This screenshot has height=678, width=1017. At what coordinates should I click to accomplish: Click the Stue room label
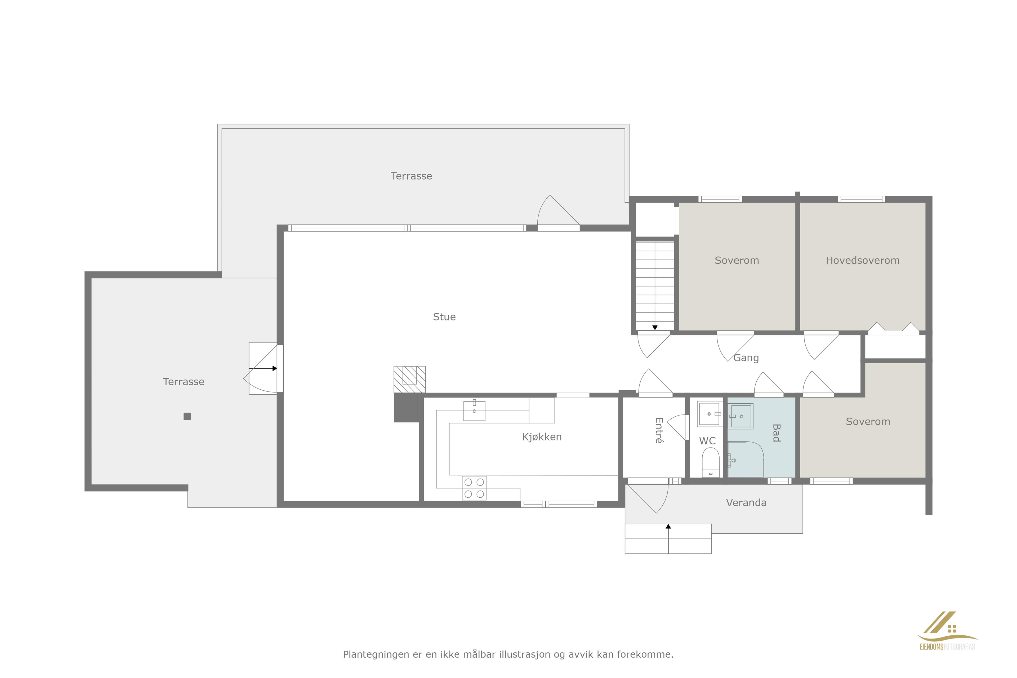(444, 317)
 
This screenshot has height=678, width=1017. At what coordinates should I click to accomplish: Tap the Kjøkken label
(542, 437)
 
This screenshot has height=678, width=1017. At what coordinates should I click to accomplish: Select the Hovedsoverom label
(863, 260)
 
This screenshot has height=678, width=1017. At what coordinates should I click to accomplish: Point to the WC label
(707, 441)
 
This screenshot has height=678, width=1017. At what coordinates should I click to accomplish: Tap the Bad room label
(776, 433)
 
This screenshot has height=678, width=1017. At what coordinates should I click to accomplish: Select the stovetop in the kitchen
(474, 488)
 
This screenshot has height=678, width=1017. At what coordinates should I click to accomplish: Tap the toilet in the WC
(710, 461)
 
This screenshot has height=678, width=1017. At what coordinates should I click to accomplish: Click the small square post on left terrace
(187, 416)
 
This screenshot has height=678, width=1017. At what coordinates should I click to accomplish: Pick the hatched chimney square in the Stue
(409, 379)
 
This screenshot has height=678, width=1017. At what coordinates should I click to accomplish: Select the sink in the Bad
(741, 416)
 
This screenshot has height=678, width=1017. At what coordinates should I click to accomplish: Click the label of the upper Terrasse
(411, 176)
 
